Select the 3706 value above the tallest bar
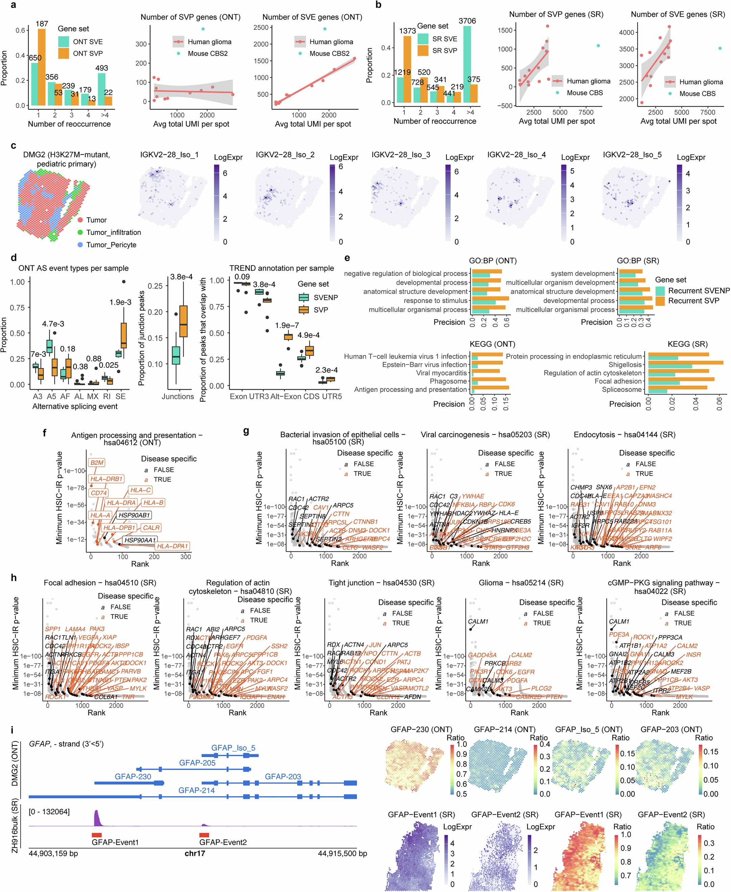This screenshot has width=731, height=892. coord(467,21)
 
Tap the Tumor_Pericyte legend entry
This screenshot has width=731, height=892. coord(111,245)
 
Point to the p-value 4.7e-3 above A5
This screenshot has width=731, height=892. coord(53,324)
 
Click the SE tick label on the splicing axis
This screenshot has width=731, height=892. coord(120,396)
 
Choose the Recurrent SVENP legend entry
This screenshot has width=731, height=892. coord(699,291)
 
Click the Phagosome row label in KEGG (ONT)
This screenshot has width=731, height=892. coord(448,381)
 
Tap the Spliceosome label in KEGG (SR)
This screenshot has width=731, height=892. coord(621,390)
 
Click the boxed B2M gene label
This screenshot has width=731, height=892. coord(96,462)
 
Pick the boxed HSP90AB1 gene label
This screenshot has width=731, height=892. coord(134,515)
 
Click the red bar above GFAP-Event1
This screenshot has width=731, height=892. coord(96,835)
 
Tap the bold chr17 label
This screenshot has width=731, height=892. coord(194,853)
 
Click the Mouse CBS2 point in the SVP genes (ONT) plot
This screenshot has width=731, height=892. coord(203,29)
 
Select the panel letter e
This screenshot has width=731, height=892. coord(347,258)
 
